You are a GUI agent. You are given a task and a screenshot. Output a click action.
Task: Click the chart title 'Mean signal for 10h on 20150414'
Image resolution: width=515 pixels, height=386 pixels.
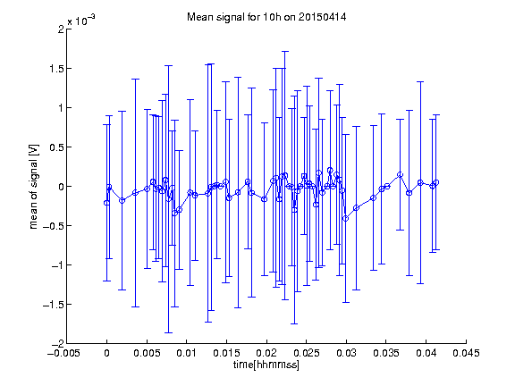(266, 17)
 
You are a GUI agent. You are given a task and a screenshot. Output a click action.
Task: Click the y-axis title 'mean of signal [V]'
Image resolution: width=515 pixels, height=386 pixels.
(34, 187)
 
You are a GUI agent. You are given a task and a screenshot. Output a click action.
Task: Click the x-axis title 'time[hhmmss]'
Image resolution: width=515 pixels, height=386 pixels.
(266, 365)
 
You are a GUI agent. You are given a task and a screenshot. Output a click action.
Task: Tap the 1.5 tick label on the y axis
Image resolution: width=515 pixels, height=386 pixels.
(56, 69)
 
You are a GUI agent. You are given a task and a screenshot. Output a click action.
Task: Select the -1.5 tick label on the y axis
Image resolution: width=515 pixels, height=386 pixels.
(54, 305)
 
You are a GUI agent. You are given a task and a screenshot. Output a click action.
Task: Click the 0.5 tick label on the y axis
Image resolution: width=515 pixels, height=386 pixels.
(56, 147)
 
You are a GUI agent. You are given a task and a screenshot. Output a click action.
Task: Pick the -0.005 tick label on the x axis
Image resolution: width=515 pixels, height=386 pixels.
(63, 354)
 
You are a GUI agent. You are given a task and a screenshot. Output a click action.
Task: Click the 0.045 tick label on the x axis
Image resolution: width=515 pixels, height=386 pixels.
(466, 354)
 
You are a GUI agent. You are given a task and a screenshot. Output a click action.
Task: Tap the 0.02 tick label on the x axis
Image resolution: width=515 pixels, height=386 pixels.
(266, 354)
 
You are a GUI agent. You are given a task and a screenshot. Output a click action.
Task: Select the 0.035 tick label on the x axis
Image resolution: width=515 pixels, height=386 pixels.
(386, 354)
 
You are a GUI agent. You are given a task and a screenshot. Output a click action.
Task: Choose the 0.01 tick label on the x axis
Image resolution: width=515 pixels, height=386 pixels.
(187, 354)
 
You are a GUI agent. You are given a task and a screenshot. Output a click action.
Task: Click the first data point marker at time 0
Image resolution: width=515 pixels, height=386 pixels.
(106, 203)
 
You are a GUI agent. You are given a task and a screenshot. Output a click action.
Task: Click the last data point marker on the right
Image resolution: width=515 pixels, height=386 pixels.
(436, 182)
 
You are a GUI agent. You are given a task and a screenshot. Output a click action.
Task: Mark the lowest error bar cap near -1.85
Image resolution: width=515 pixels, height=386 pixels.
(168, 332)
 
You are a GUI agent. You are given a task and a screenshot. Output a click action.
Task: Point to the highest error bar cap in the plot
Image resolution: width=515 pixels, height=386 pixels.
(284, 52)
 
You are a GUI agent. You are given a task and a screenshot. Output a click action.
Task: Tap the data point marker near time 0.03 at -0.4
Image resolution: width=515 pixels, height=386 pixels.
(345, 219)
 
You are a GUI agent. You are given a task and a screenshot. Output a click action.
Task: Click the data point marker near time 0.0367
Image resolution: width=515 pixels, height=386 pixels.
(400, 174)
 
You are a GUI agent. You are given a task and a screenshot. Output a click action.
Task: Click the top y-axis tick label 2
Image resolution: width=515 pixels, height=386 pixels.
(61, 29)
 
